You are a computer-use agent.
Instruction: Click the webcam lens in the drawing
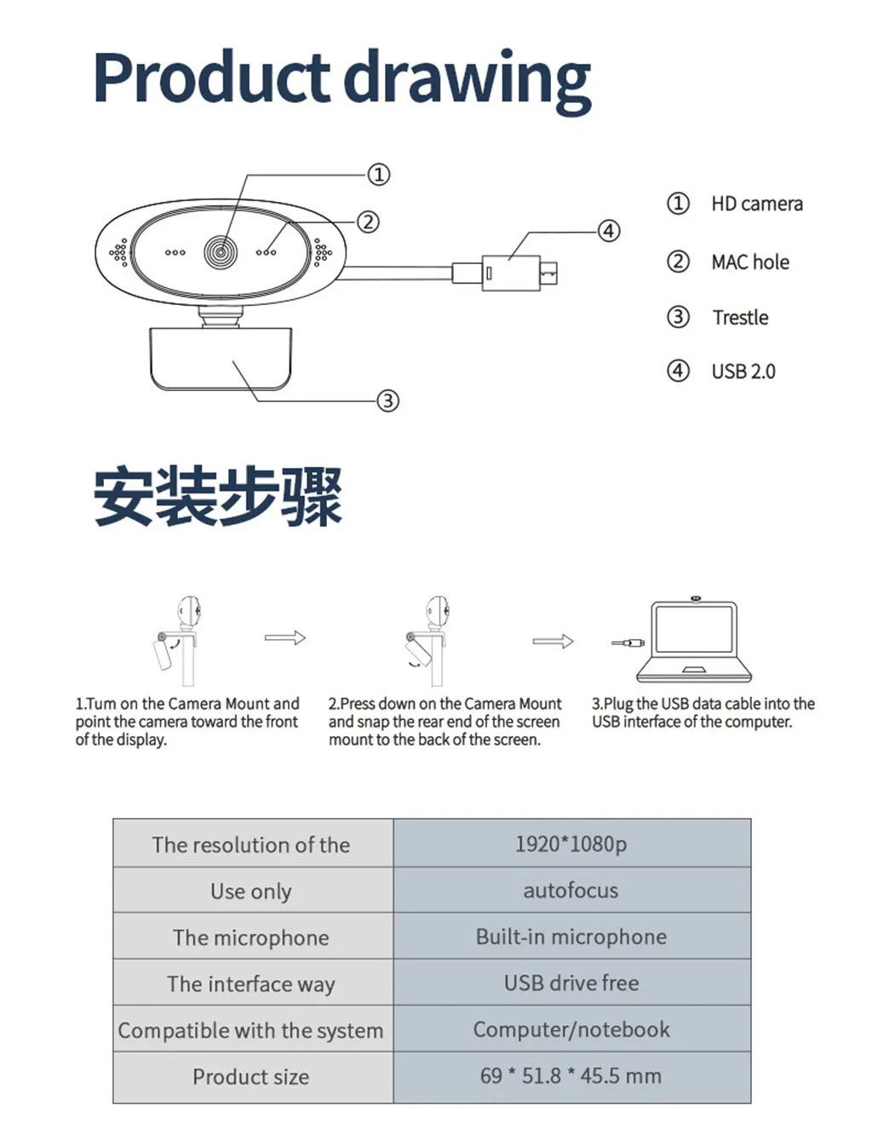pos(221,251)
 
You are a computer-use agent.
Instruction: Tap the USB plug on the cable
pos(511,273)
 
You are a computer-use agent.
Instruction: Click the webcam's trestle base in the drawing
pos(221,359)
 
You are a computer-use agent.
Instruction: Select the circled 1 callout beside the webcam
pos(379,175)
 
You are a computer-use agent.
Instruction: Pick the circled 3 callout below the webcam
pos(388,400)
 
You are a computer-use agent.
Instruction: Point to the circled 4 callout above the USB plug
pos(608,231)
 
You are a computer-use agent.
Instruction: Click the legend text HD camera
pos(757,204)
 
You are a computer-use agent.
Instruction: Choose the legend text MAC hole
pos(750,262)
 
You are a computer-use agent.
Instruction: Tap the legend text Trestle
pos(740,317)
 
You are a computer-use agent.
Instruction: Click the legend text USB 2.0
pos(743,371)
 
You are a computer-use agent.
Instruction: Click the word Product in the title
pos(212,78)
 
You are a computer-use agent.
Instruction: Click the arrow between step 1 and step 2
pos(284,637)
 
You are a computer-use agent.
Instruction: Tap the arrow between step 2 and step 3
pos(553,641)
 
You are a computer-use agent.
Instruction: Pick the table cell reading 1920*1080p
pos(571,844)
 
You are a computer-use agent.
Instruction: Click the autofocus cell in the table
pos(571,890)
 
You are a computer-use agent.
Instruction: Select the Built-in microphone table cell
pos(571,936)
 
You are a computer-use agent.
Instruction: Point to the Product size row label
pos(251,1076)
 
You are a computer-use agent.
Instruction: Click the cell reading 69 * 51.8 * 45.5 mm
pos(571,1075)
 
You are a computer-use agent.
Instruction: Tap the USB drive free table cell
pos(571,982)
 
